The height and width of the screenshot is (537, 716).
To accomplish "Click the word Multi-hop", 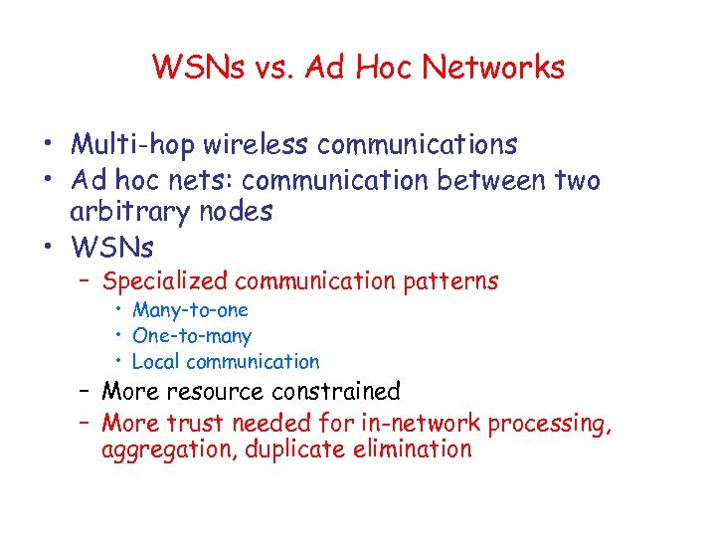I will [133, 145].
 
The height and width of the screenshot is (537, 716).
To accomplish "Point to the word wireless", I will [256, 145].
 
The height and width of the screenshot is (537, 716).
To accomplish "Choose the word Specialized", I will [165, 281].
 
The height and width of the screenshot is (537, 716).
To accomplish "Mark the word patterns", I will [451, 281].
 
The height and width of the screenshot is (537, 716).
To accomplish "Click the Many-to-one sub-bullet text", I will [190, 310].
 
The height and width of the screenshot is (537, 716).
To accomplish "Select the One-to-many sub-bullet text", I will [191, 336].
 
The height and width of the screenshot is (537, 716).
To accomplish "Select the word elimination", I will [411, 449].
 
